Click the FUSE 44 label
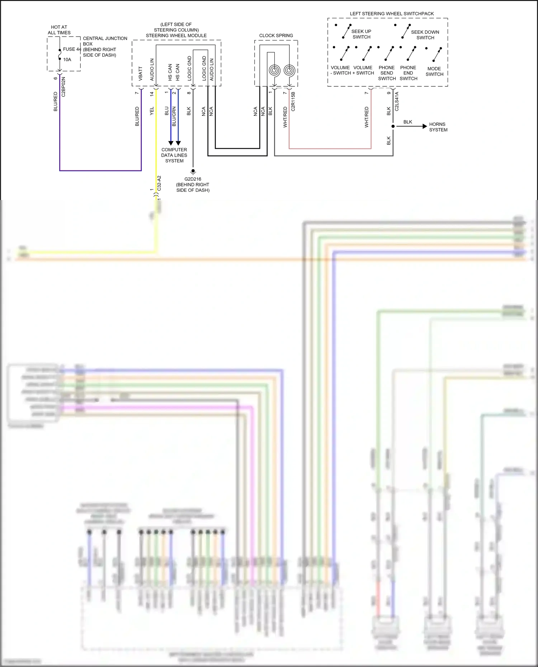click(x=72, y=49)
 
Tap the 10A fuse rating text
click(x=67, y=59)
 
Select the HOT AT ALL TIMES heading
click(x=59, y=30)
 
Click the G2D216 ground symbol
click(x=193, y=171)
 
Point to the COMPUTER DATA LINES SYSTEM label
click(x=174, y=155)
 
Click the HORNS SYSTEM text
click(x=438, y=127)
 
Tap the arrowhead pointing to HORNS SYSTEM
click(x=425, y=126)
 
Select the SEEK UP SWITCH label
click(x=361, y=34)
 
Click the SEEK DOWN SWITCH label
click(x=425, y=35)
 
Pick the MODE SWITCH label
click(x=434, y=71)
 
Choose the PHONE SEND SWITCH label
click(x=387, y=73)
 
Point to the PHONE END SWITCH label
click(x=408, y=73)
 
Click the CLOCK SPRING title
click(x=276, y=35)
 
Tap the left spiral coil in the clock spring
click(x=275, y=70)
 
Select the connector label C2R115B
click(x=293, y=101)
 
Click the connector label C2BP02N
click(x=63, y=87)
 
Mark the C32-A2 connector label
click(x=159, y=183)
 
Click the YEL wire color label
click(x=152, y=111)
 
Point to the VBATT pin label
click(x=141, y=73)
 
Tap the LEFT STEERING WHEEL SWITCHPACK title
click(x=392, y=14)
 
